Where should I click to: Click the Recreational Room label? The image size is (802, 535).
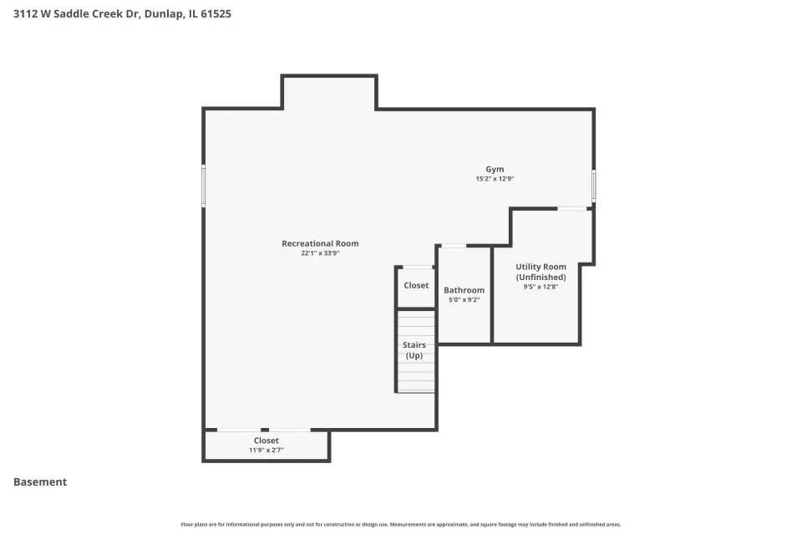[x=320, y=244]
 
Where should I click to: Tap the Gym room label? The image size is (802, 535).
[x=495, y=170]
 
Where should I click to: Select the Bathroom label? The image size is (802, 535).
[x=464, y=290]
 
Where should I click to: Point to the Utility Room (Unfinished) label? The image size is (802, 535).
[x=541, y=272]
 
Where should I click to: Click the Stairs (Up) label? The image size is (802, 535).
[x=414, y=350]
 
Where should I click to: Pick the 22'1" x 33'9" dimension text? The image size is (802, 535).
[x=320, y=253]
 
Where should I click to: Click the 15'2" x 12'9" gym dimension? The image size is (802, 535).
[x=495, y=179]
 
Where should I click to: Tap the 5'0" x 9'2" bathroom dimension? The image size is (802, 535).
[x=464, y=299]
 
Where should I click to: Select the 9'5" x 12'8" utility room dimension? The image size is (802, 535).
[x=541, y=287]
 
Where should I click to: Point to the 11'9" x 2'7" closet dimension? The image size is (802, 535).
[x=266, y=450]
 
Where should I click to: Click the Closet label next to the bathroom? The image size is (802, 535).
[x=416, y=286]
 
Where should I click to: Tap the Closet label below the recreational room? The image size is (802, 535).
[x=266, y=441]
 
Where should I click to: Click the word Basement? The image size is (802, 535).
[x=40, y=481]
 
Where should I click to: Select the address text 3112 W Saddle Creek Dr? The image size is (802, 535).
[x=77, y=14]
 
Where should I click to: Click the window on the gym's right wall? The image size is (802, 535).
[x=594, y=185]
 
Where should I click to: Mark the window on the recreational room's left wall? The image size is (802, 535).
[x=204, y=186]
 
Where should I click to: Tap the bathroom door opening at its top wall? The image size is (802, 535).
[x=454, y=247]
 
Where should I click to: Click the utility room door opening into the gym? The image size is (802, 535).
[x=571, y=208]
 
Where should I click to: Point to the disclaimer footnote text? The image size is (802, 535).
[x=400, y=524]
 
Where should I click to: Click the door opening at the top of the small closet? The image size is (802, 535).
[x=418, y=267]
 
